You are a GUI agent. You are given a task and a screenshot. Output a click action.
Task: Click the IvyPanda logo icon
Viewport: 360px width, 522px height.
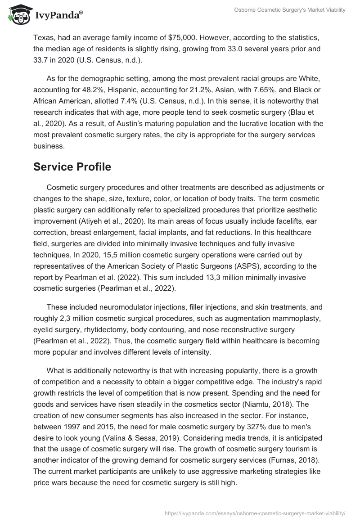pos(18,14)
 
